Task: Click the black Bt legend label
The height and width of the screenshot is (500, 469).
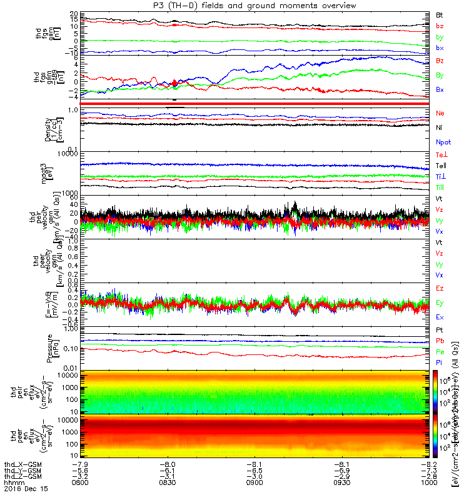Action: [440, 14]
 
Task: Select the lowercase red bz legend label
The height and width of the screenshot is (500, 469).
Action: [440, 26]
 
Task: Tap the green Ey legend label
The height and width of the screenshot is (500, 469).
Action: [440, 302]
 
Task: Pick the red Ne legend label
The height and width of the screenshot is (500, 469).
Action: [440, 113]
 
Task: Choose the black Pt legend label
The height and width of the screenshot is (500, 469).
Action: [440, 329]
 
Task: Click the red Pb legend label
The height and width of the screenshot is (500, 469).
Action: [440, 341]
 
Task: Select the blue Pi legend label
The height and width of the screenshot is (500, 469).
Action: [440, 362]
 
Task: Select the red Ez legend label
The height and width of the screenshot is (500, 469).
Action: [440, 288]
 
